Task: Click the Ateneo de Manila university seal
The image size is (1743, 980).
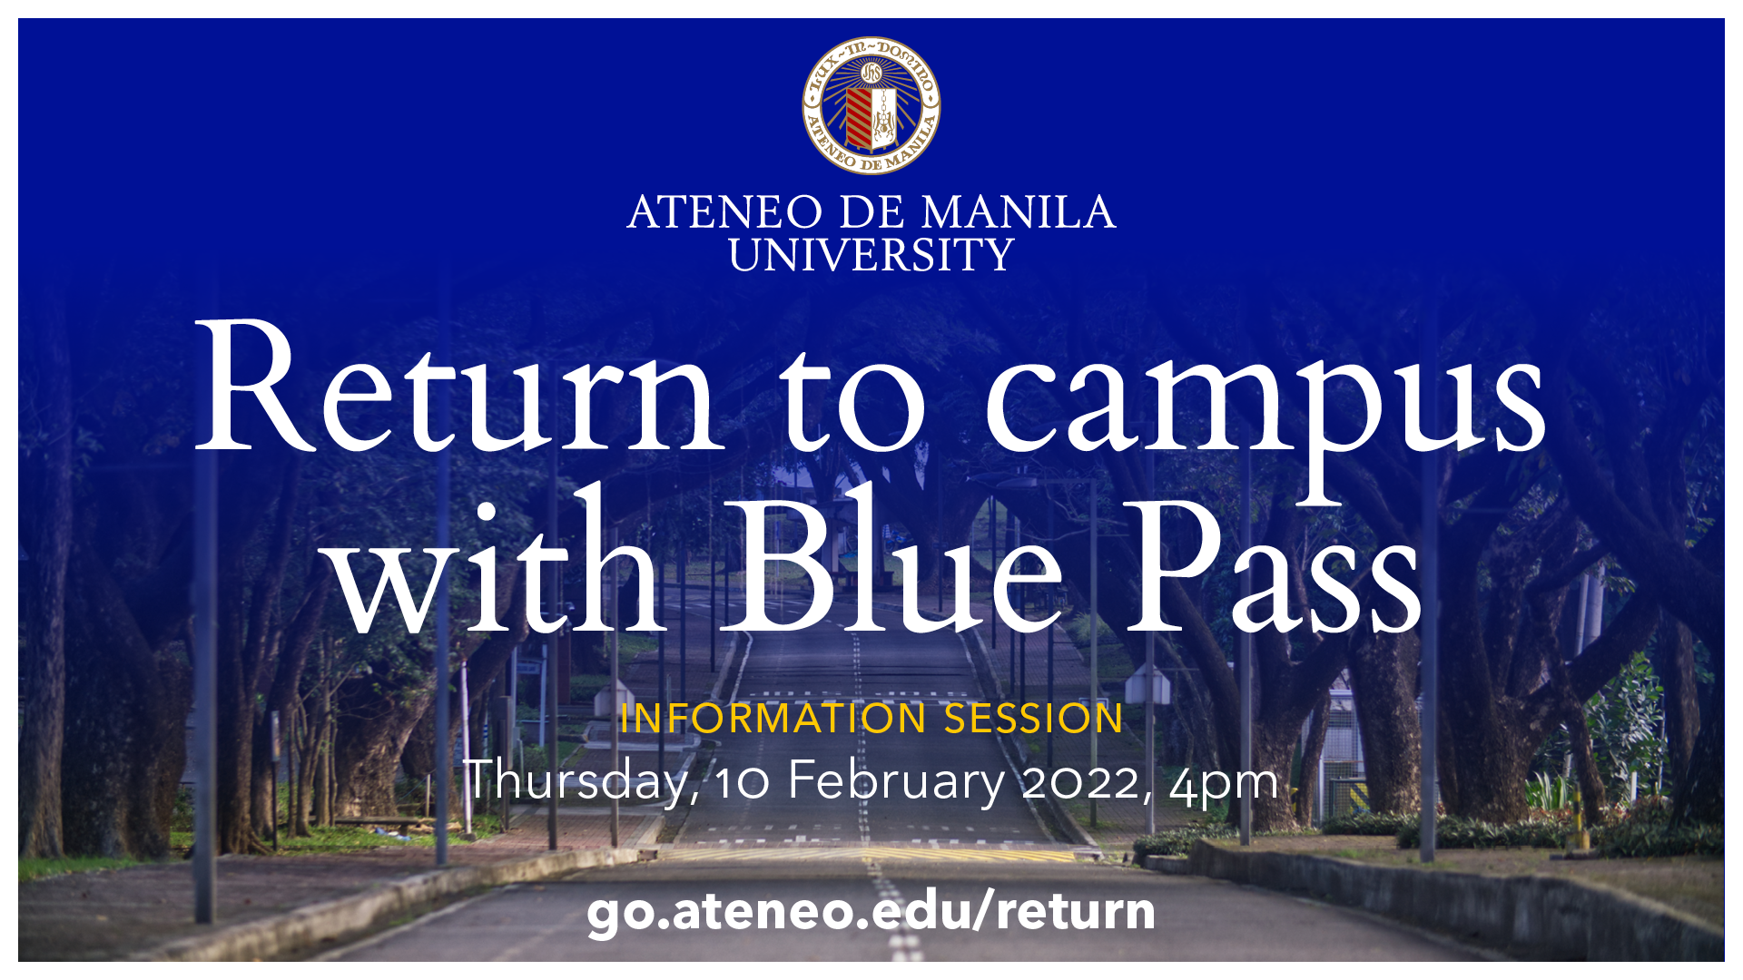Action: (x=871, y=105)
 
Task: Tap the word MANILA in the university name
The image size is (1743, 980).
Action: (x=1018, y=212)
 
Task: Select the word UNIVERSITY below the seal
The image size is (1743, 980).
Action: (x=871, y=255)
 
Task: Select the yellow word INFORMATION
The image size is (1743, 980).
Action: (x=773, y=719)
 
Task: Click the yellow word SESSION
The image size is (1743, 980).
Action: (x=1034, y=719)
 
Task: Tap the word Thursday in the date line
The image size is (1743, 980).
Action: (x=580, y=780)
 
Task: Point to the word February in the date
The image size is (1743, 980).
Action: (x=895, y=780)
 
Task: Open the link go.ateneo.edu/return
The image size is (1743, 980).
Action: (x=871, y=911)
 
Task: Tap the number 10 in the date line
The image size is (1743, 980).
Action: (x=742, y=780)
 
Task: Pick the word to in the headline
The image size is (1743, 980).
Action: (x=853, y=399)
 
